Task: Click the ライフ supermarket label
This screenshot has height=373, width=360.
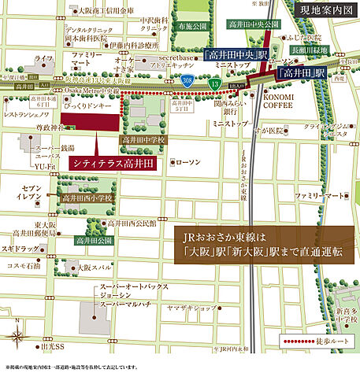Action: [x=46, y=58]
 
